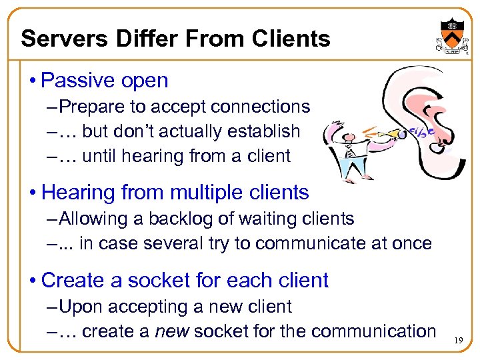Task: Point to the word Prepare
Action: click(x=99, y=107)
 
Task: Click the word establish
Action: click(x=263, y=131)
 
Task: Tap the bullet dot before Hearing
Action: click(x=33, y=193)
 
